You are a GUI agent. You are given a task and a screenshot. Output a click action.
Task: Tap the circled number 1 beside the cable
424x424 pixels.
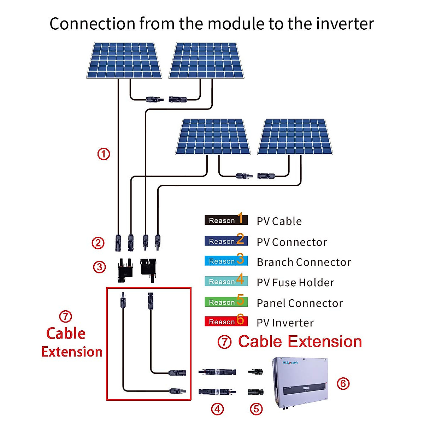pyautogui.click(x=104, y=154)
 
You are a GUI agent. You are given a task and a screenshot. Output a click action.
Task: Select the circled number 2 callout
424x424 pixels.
pyautogui.click(x=98, y=243)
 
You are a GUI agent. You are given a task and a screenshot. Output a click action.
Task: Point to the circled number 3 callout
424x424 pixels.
pyautogui.click(x=99, y=267)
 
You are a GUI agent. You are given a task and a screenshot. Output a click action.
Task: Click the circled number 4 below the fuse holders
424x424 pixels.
pyautogui.click(x=217, y=409)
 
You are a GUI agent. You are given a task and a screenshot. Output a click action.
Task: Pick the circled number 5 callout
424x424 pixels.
pyautogui.click(x=256, y=409)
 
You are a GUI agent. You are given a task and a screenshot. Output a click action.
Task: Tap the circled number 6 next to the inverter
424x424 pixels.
pyautogui.click(x=343, y=383)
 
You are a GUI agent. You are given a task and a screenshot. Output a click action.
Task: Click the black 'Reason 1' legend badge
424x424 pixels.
pyautogui.click(x=226, y=220)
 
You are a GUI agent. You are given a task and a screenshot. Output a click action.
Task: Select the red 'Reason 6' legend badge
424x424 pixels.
pyautogui.click(x=226, y=321)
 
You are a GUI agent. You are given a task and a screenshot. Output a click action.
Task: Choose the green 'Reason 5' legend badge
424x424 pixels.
pyautogui.click(x=226, y=301)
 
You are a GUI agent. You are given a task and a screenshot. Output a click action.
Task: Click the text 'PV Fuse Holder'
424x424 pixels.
pyautogui.click(x=295, y=283)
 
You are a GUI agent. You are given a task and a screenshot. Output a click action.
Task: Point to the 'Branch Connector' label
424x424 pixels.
pyautogui.click(x=304, y=262)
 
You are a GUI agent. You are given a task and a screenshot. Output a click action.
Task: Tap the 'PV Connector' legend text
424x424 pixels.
pyautogui.click(x=292, y=242)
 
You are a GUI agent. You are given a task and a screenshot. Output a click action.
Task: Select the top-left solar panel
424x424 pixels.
pyautogui.click(x=124, y=60)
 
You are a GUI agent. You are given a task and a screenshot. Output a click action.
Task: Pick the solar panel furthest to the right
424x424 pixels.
pyautogui.click(x=295, y=137)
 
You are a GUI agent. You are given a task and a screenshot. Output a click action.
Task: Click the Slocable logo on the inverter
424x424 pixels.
pyautogui.click(x=291, y=363)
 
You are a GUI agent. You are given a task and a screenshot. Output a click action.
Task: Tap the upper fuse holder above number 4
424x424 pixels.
pyautogui.click(x=217, y=372)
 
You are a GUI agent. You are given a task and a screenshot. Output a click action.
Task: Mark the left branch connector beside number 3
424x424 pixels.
pyautogui.click(x=125, y=269)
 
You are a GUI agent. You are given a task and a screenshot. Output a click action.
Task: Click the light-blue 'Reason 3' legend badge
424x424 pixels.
pyautogui.click(x=226, y=261)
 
